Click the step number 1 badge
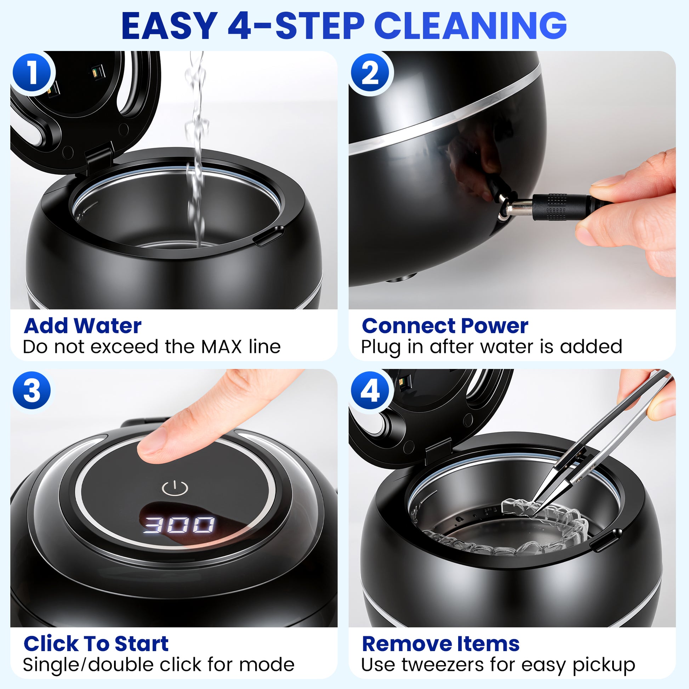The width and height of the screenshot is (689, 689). click(x=33, y=73)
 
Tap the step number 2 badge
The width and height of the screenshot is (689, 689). click(x=371, y=73)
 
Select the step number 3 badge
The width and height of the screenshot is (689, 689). click(x=32, y=391)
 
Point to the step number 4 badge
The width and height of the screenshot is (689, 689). click(x=370, y=391)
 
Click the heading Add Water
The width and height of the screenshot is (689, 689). click(x=82, y=326)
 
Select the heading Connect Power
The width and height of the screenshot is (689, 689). click(x=445, y=326)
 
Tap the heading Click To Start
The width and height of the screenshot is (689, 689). click(x=96, y=644)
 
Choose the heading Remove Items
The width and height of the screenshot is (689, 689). click(x=440, y=644)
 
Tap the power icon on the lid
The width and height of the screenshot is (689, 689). click(x=175, y=488)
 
